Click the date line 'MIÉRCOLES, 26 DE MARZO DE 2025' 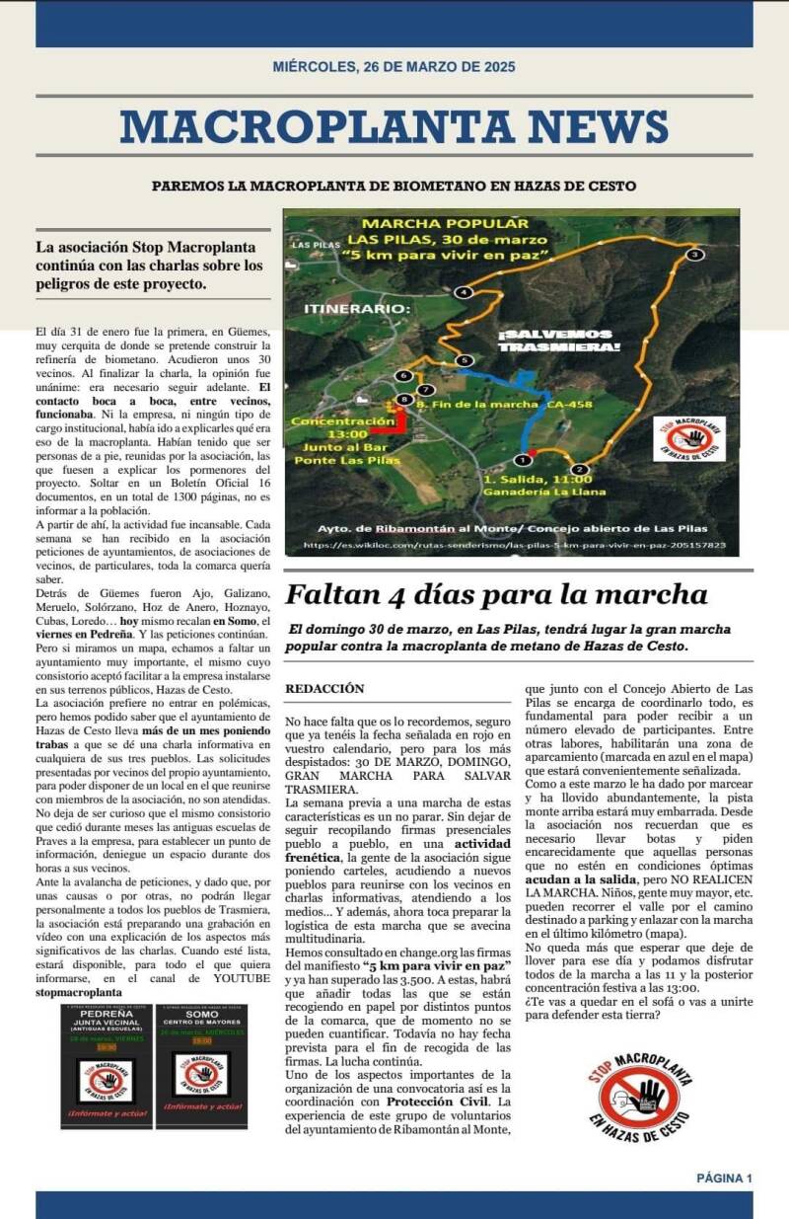(x=394, y=67)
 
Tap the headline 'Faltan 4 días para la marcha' (x=496, y=595)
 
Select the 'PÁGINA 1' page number (x=724, y=1178)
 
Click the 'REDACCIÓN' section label (x=324, y=688)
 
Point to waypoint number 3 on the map (x=694, y=255)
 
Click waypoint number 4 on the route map (x=464, y=292)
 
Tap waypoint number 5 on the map (x=464, y=361)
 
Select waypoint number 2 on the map (x=579, y=469)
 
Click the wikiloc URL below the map (x=514, y=545)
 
